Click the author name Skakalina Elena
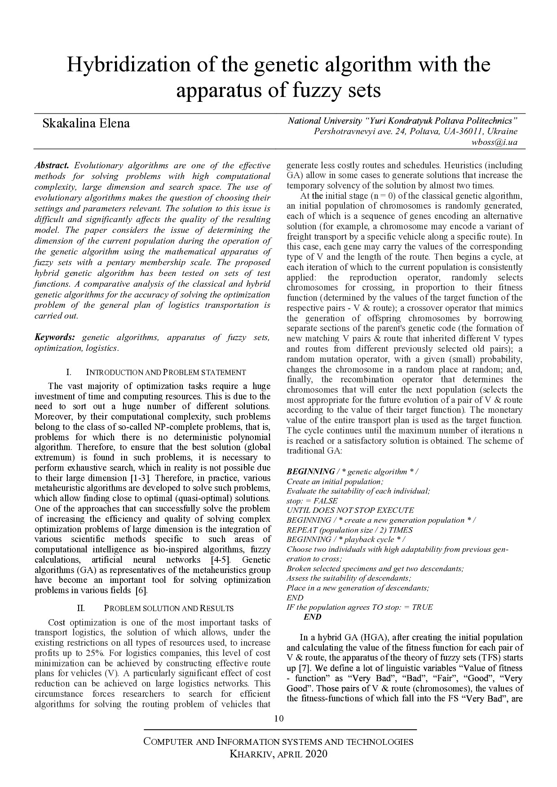pos(86,123)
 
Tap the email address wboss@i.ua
pos(494,142)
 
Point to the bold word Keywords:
pos(55,337)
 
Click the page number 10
pos(278,718)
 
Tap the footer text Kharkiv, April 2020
pos(278,754)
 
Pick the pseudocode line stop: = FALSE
pos(312,501)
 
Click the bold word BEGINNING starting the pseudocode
pos(310,472)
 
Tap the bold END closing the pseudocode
pos(313,617)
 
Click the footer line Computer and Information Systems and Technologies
pos(278,741)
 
